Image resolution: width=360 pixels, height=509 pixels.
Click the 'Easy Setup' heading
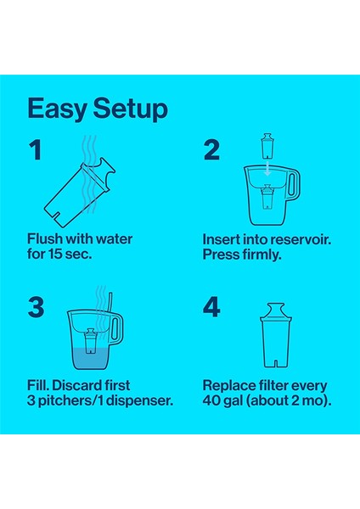pyautogui.click(x=97, y=109)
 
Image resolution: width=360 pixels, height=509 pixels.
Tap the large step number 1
pyautogui.click(x=35, y=150)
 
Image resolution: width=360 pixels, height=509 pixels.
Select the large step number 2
pyautogui.click(x=211, y=150)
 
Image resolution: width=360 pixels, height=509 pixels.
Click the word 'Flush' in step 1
pyautogui.click(x=45, y=239)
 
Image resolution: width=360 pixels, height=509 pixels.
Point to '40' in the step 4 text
pyautogui.click(x=213, y=400)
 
